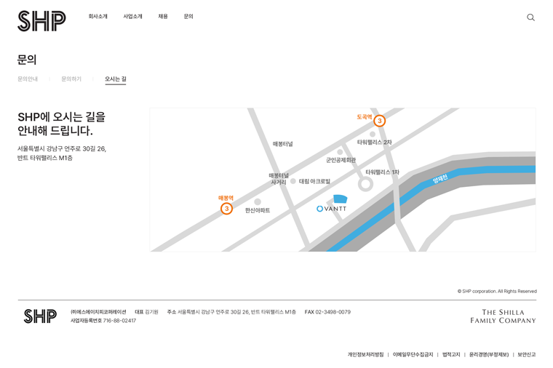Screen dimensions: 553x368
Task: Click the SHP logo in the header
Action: tap(41, 21)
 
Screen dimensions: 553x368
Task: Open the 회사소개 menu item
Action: tap(98, 17)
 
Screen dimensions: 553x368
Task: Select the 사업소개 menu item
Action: tap(132, 17)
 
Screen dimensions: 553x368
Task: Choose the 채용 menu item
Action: tap(163, 17)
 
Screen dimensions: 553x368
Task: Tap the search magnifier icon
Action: tap(530, 17)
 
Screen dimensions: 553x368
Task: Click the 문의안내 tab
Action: tap(28, 79)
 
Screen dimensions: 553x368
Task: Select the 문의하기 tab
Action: tap(71, 79)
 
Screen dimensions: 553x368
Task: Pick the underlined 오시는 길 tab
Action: tap(115, 79)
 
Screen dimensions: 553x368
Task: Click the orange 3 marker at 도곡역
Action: tap(380, 121)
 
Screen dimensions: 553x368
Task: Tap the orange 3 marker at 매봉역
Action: tap(226, 209)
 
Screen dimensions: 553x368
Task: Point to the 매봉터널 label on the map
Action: tap(283, 144)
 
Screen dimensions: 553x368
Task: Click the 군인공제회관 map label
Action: tap(341, 160)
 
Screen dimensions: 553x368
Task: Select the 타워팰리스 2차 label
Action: tap(375, 142)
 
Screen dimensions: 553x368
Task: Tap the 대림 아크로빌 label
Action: tap(314, 181)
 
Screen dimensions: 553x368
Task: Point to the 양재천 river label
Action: tap(440, 178)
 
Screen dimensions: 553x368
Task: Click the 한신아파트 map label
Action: tap(258, 210)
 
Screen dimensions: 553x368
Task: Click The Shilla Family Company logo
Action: tap(503, 316)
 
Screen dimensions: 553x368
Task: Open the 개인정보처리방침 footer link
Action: tap(365, 355)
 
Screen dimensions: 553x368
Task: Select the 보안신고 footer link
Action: tap(527, 355)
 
